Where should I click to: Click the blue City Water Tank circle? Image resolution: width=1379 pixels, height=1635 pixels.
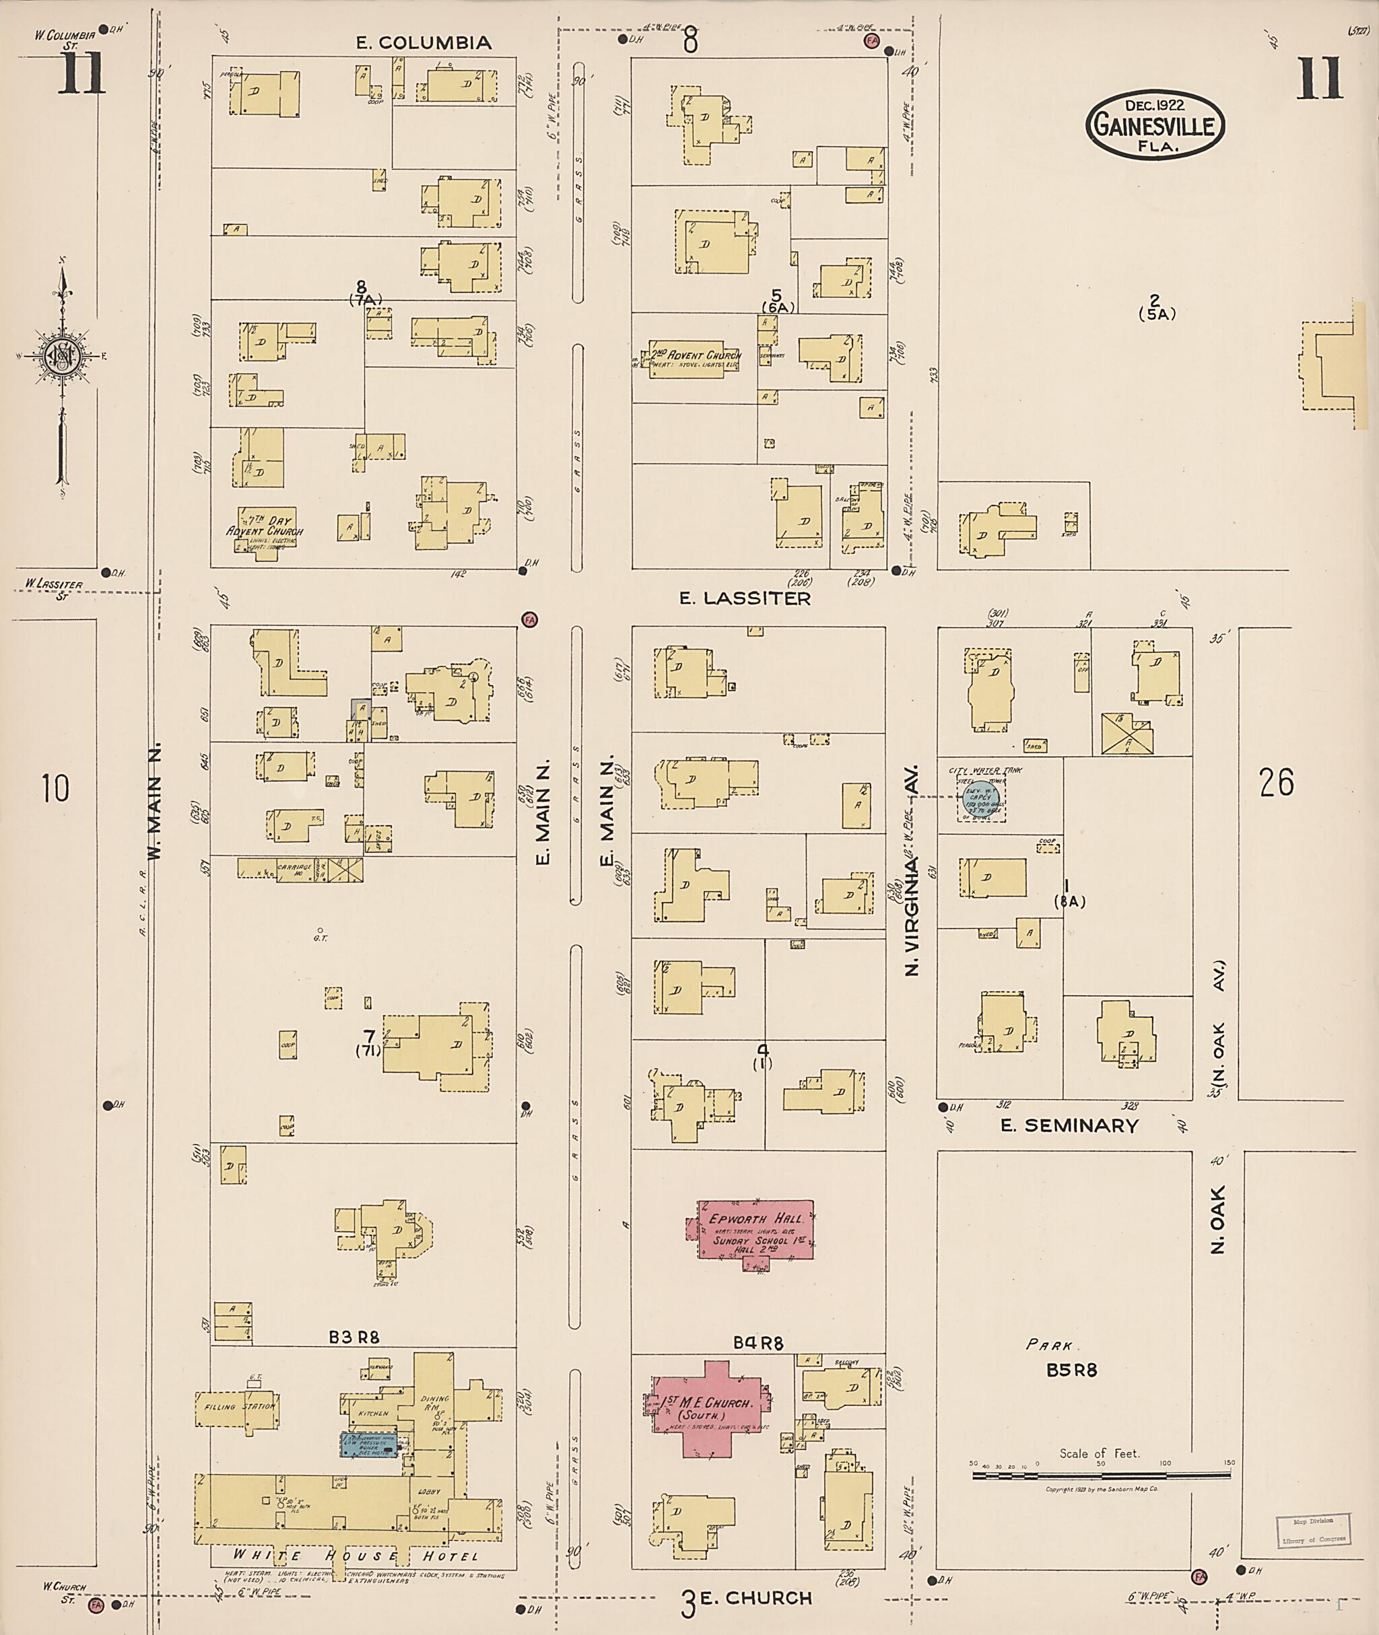click(x=980, y=798)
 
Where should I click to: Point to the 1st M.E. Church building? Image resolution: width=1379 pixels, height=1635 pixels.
click(x=708, y=1408)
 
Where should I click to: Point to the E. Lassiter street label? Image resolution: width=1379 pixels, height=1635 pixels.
click(x=744, y=598)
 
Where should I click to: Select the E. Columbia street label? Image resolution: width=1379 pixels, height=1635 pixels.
click(x=424, y=42)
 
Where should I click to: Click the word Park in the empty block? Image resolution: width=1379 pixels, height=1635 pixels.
click(x=1048, y=1345)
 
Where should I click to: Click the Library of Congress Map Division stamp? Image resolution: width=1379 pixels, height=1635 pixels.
click(x=1312, y=1529)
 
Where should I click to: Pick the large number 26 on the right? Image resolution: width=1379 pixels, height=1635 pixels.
click(x=1277, y=781)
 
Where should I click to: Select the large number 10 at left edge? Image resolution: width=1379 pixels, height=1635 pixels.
click(x=55, y=787)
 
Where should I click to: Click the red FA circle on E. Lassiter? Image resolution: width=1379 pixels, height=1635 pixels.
click(x=530, y=620)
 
